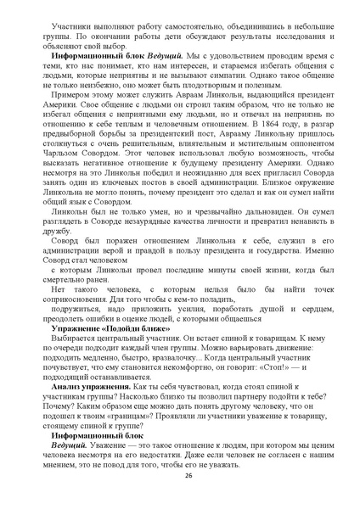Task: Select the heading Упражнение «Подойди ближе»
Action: pyautogui.click(x=93, y=327)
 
